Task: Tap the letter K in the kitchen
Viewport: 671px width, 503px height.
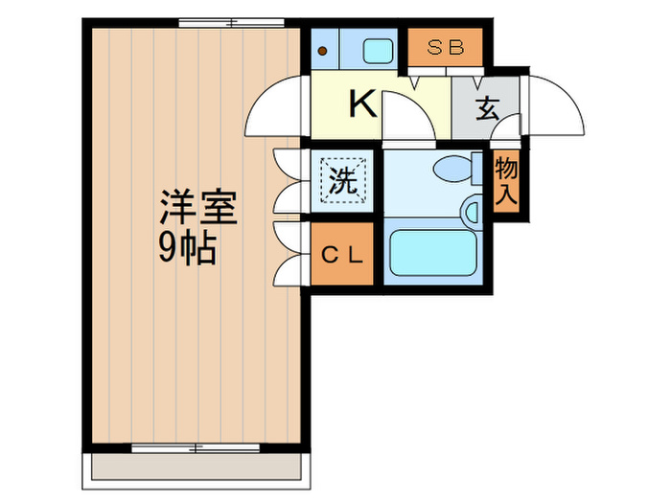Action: (361, 103)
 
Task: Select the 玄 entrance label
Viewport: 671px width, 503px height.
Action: (487, 107)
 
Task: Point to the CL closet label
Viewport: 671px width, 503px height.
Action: (341, 255)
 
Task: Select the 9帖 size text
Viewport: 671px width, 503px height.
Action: (187, 249)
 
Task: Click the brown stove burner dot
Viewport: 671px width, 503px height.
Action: (323, 51)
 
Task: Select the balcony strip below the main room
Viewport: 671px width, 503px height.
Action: (197, 467)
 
